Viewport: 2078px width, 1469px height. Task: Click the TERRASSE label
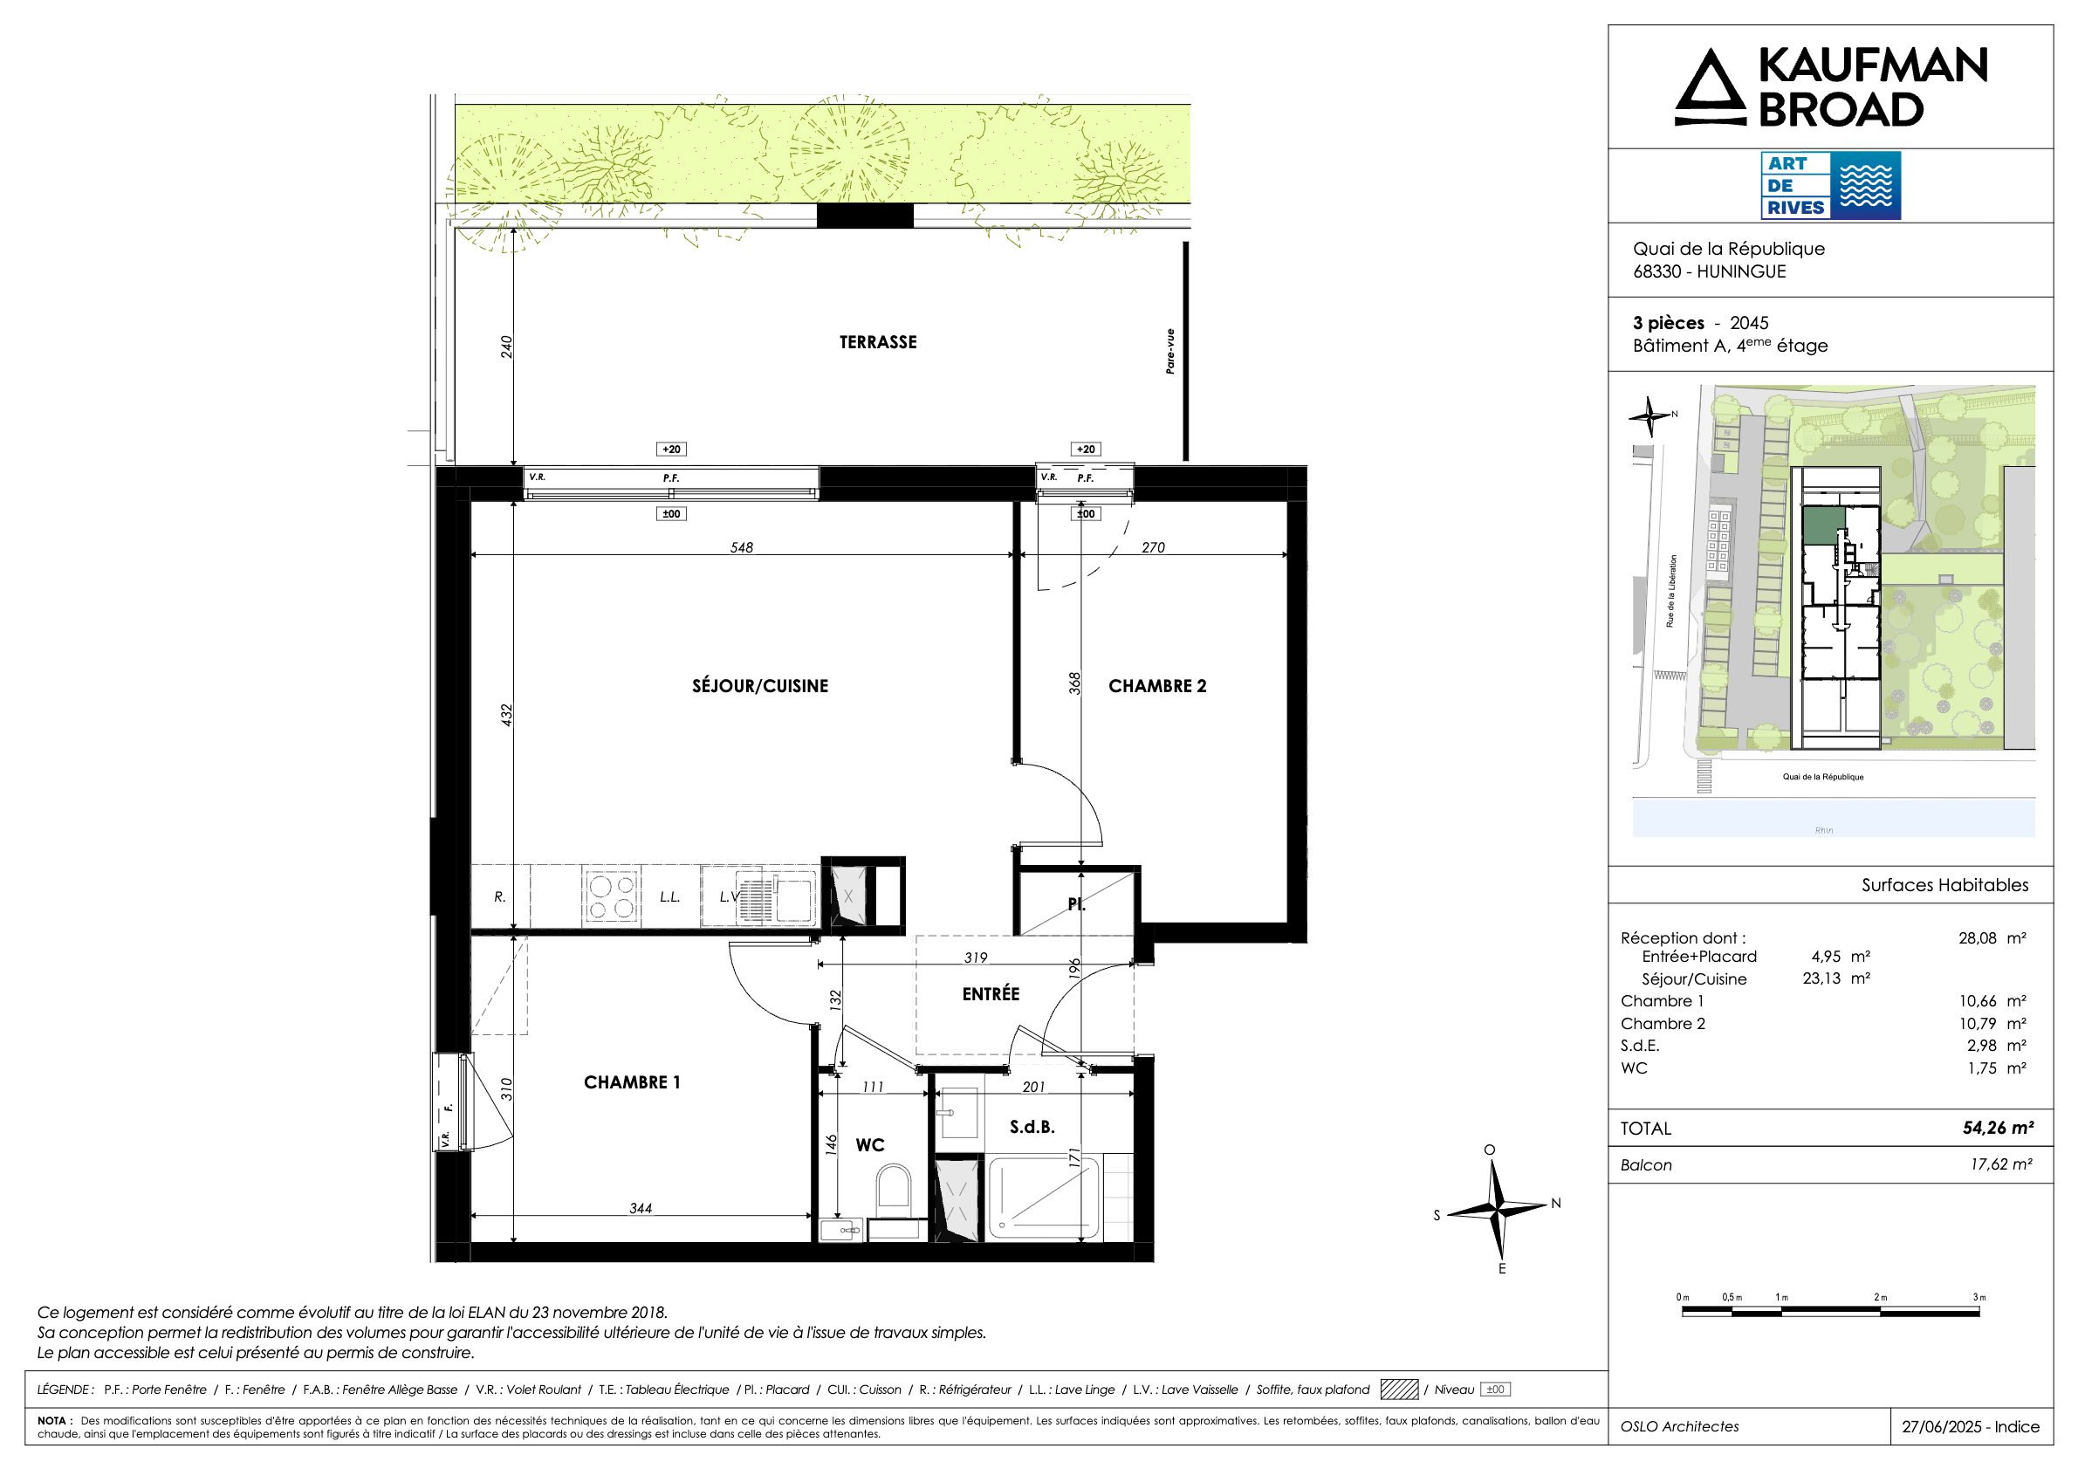point(877,342)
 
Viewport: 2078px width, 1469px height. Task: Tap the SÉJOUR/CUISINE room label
point(759,686)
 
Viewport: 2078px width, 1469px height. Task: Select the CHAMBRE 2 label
point(1156,686)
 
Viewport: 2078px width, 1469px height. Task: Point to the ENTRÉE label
point(991,994)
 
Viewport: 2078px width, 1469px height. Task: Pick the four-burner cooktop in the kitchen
point(611,897)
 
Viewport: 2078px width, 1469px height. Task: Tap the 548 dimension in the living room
point(741,547)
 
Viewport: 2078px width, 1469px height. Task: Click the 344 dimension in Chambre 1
point(640,1208)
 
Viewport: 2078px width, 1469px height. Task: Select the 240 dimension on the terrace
point(507,347)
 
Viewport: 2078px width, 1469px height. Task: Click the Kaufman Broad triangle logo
point(1710,88)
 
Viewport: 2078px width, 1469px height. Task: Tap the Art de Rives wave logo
point(1865,186)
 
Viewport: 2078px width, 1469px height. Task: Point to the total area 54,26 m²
point(1998,1128)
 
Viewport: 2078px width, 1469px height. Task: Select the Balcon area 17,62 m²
point(2001,1164)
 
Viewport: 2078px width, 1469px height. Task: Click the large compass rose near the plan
point(1497,1207)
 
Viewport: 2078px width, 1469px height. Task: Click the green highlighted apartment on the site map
point(1823,525)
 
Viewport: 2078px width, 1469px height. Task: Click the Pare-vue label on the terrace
point(1170,351)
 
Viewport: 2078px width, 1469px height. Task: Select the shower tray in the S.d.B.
point(1045,1198)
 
